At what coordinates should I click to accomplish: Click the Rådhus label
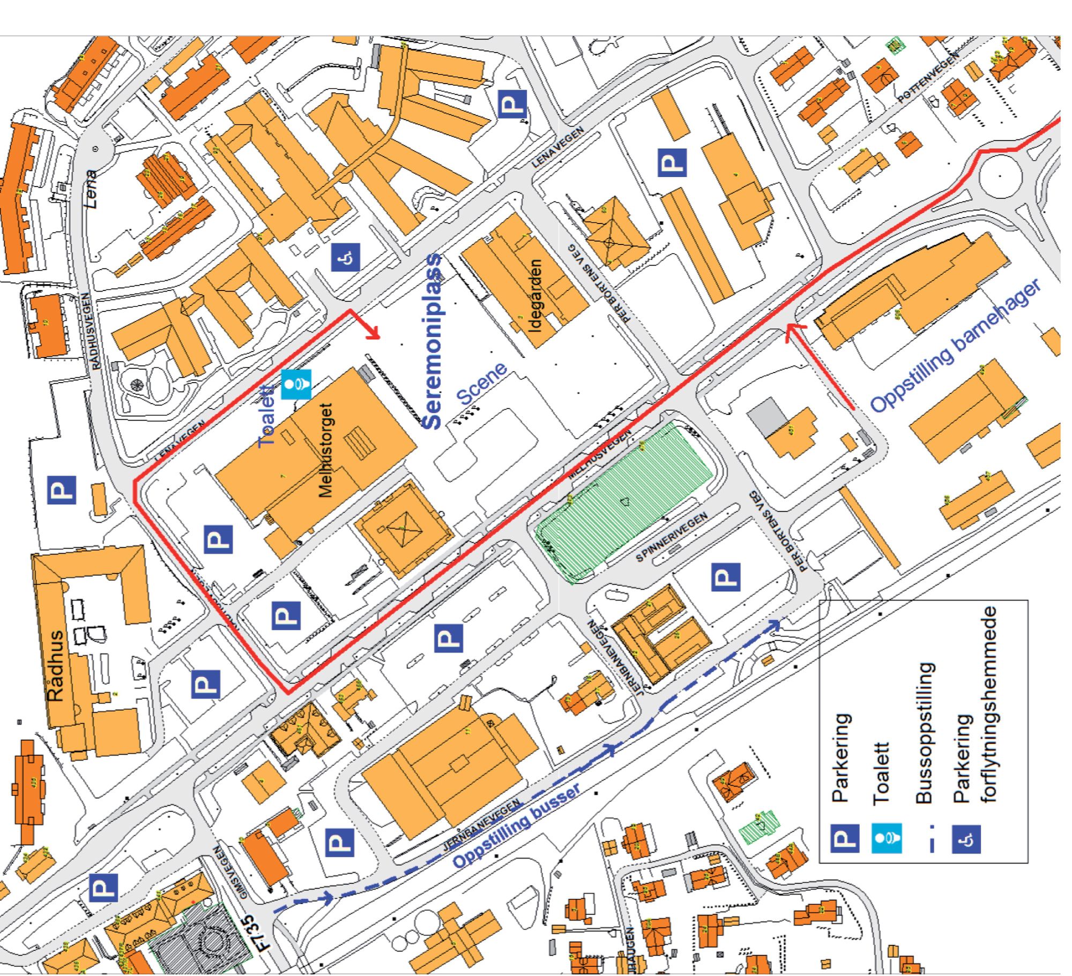click(x=56, y=666)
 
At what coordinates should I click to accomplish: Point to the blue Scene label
click(x=481, y=384)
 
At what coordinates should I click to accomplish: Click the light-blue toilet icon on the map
click(x=296, y=384)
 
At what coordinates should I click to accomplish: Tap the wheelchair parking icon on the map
click(x=345, y=257)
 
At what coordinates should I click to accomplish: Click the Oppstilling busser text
click(x=517, y=826)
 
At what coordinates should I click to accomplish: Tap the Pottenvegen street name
click(x=928, y=79)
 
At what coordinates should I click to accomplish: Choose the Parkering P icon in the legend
click(x=845, y=839)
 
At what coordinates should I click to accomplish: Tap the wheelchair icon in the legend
click(x=966, y=839)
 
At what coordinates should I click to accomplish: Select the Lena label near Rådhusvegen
click(x=92, y=189)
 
